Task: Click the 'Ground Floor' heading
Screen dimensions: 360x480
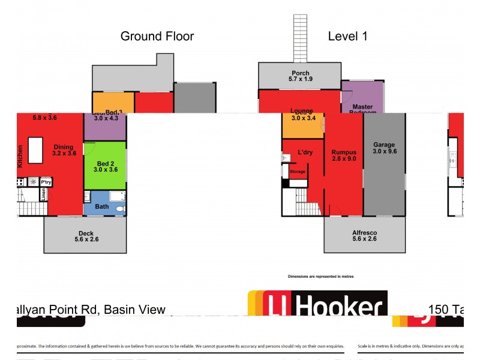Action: coord(157,36)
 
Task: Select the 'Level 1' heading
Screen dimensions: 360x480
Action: coord(347,36)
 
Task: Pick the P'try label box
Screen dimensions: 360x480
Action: coord(46,181)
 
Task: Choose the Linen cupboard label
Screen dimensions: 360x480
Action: coord(43,194)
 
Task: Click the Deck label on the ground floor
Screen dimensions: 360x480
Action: coord(85,238)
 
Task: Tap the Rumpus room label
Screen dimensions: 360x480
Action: coord(344,156)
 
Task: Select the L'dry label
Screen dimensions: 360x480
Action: coord(305,153)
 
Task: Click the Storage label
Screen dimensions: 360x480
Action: coord(298,172)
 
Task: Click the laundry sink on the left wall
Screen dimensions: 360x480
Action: coord(285,157)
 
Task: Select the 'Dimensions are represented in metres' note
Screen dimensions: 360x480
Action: coord(321,277)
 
